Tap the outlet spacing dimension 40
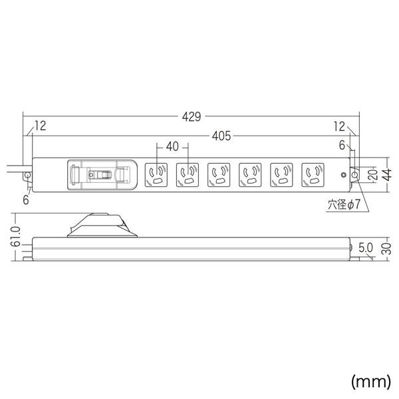[x=172, y=147]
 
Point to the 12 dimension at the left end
[x=41, y=126]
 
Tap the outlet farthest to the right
[x=313, y=176]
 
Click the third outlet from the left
[x=219, y=176]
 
